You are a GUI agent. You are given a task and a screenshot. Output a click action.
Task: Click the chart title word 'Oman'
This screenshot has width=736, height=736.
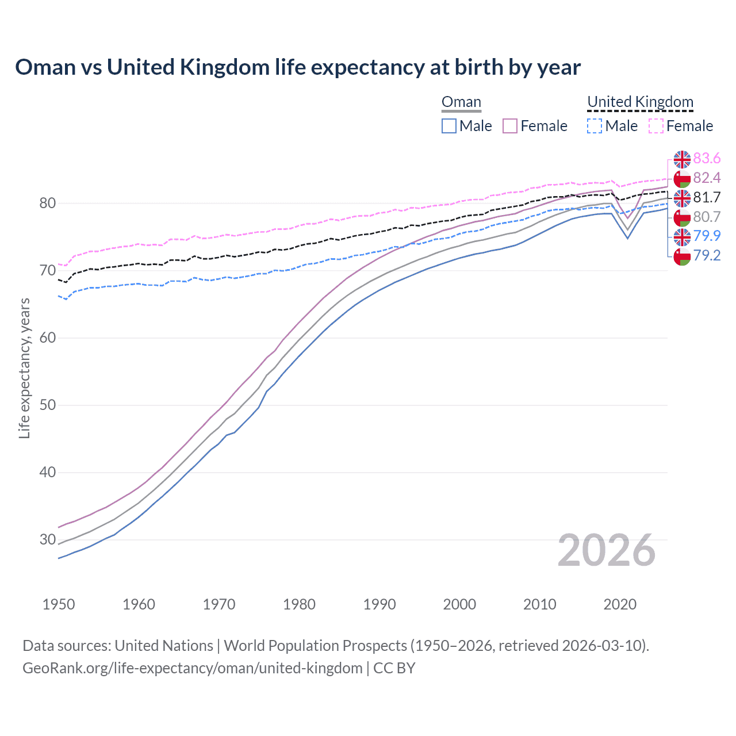coord(45,67)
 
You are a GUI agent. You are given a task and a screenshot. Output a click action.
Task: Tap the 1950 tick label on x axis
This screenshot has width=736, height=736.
coord(59,604)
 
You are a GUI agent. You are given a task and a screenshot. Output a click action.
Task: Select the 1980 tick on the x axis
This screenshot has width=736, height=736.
coord(299,604)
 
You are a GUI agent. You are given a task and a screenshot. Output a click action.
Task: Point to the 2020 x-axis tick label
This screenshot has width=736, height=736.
coord(620,604)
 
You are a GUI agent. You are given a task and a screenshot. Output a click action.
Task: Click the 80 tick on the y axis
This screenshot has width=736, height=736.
coord(48,204)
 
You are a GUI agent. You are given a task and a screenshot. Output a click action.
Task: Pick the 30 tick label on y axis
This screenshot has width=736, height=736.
coord(48,540)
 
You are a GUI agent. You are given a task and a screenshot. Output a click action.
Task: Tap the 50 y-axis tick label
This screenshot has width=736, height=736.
coord(48,405)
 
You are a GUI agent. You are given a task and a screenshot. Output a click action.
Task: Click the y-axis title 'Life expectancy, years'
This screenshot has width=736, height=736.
coord(24,368)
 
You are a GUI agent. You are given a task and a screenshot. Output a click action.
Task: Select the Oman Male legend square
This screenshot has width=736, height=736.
coord(449,126)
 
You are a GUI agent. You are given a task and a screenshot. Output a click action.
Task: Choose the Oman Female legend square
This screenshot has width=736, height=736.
coord(510,126)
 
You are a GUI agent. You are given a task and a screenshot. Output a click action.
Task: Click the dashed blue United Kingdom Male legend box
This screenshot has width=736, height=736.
coord(595,126)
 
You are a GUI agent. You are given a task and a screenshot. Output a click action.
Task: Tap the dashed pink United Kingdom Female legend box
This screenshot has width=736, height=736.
coord(656,126)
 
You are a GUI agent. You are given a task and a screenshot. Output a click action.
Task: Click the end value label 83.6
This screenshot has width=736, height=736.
coord(707,159)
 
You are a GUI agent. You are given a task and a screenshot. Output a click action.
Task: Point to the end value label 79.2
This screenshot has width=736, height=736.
coord(707,256)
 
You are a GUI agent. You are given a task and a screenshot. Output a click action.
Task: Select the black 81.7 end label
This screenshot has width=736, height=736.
coord(707,198)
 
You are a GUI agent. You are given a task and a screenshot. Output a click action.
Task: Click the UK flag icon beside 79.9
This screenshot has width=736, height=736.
coord(682,236)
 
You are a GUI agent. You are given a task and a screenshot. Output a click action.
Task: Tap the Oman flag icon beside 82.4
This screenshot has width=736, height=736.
coord(682,178)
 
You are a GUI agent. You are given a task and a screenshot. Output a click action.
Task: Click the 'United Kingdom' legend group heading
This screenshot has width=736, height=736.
coord(640,102)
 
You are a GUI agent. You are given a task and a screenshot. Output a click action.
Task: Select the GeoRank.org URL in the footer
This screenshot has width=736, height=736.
coord(192,668)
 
